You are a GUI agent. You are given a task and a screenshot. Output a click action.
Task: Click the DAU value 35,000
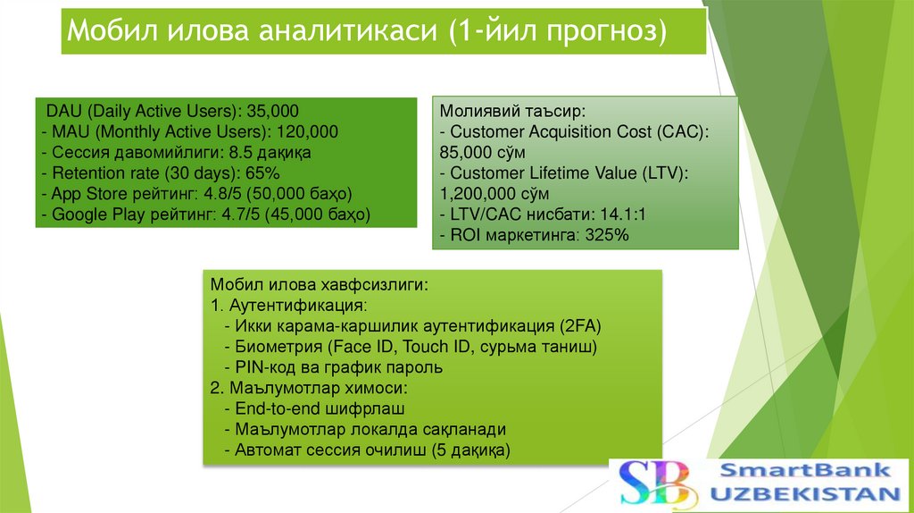(272, 112)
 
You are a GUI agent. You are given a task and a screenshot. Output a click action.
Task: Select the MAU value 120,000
(306, 131)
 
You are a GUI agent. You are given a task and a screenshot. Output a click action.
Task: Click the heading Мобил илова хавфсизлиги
(319, 285)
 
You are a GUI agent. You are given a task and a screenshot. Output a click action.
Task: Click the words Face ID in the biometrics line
(363, 347)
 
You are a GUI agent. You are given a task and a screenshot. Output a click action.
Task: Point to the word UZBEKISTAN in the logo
(805, 494)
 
